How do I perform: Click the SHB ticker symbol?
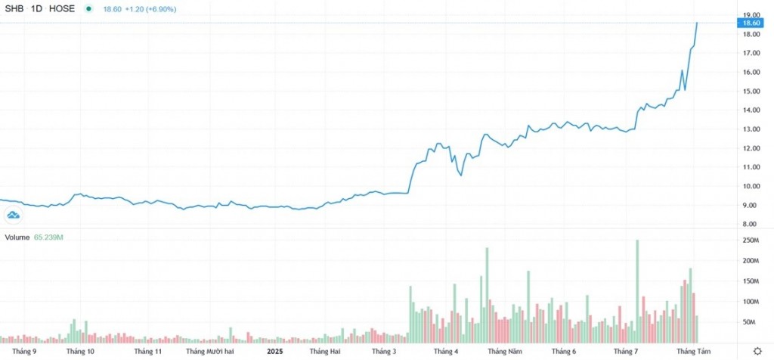(15, 8)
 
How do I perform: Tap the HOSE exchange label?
(60, 8)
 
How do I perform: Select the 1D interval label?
(36, 8)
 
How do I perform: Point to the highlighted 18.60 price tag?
(751, 23)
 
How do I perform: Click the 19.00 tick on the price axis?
(751, 15)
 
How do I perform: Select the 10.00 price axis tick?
(751, 186)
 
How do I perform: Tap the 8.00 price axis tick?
(751, 224)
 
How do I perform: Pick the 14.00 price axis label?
(751, 110)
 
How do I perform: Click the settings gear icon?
(757, 352)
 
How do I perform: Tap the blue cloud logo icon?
(13, 216)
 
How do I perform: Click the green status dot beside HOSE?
(89, 8)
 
